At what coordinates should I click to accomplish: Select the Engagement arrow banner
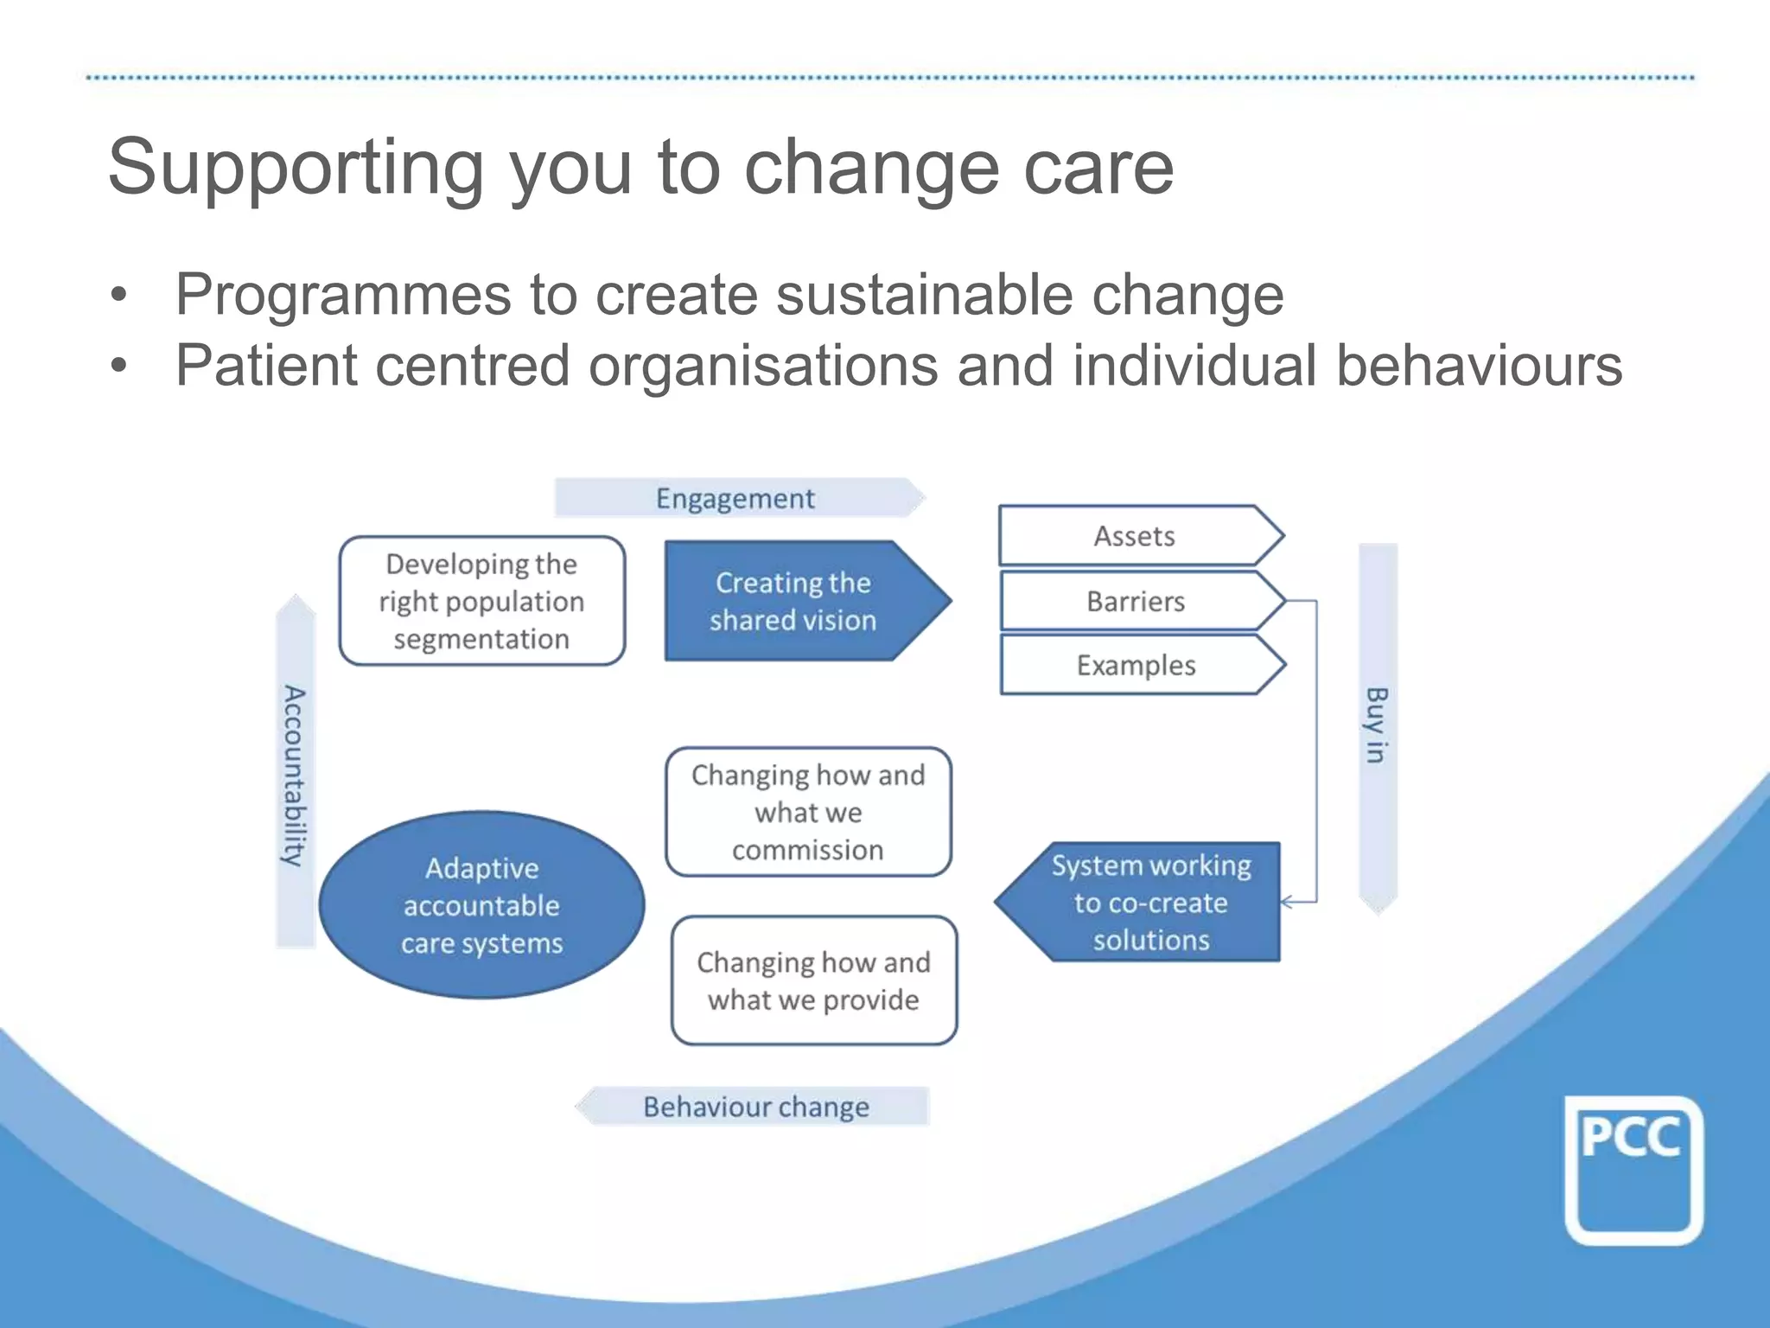point(736,498)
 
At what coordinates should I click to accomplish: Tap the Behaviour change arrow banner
point(754,1107)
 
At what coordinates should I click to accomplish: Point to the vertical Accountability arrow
point(296,774)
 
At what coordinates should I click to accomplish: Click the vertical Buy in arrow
point(1378,726)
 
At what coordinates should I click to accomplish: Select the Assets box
point(1136,536)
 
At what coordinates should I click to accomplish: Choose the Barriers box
point(1136,601)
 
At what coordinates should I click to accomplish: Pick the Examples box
point(1136,665)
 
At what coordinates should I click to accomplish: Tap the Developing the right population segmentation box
point(481,601)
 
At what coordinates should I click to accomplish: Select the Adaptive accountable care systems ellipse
point(481,905)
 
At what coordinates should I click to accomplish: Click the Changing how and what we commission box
point(808,812)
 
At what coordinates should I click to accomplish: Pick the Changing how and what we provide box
point(813,980)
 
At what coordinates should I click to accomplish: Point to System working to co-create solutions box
point(1149,903)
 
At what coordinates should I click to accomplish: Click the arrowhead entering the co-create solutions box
point(1287,903)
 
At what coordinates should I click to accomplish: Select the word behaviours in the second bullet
point(1479,365)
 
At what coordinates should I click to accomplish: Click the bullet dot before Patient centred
point(118,366)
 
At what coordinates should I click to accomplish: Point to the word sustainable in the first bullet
point(924,296)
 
